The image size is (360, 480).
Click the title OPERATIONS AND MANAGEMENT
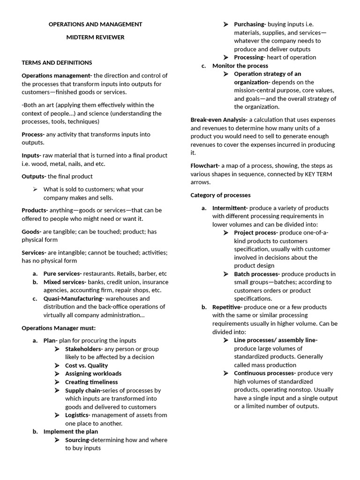(x=95, y=24)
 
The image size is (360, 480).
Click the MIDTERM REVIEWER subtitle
(x=95, y=37)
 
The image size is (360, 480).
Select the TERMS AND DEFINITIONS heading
(x=57, y=62)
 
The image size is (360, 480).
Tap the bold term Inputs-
(x=31, y=155)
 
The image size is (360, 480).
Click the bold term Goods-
(x=31, y=232)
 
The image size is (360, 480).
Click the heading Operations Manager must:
(x=59, y=328)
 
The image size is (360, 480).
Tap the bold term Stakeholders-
(x=84, y=349)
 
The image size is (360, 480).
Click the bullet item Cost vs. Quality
(x=86, y=365)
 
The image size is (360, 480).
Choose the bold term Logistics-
(x=78, y=415)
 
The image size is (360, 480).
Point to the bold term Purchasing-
(x=250, y=24)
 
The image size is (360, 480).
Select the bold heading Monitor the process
(x=240, y=66)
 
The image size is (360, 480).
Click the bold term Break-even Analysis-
(x=219, y=120)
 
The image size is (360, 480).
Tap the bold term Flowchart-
(x=205, y=165)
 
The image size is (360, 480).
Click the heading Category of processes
(x=220, y=195)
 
